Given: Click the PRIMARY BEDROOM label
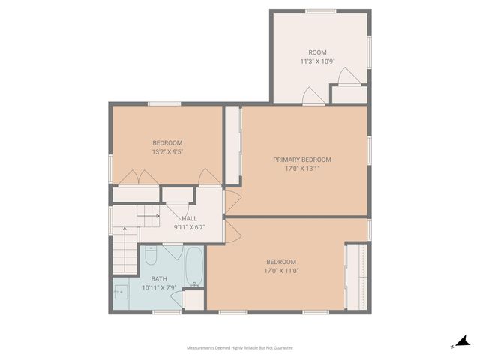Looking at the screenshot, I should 301,159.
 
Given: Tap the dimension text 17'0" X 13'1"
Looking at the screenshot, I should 301,168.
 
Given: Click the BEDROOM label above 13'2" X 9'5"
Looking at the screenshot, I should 167,142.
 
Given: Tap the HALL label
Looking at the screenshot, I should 189,218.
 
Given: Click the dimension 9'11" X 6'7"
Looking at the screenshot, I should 189,226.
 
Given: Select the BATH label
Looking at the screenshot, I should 160,278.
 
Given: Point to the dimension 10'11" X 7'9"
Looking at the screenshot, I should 160,286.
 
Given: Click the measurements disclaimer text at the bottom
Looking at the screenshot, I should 240,348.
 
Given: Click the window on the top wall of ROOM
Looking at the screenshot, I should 319,10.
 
